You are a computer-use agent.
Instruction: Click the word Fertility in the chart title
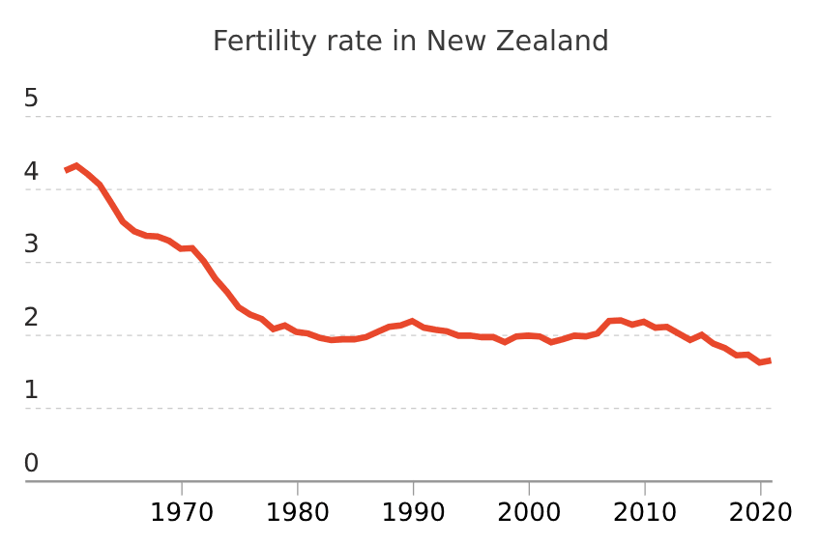[254, 42]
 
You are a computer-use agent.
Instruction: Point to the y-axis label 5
[32, 98]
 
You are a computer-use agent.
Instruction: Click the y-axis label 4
[32, 171]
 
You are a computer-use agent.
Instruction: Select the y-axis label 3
[32, 243]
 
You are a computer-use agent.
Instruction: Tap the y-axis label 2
[32, 317]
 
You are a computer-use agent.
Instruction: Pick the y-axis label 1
[32, 390]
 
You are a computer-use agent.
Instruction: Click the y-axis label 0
[32, 463]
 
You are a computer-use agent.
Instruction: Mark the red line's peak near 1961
[77, 165]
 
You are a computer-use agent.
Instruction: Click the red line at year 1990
[413, 321]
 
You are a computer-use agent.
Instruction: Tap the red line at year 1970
[182, 248]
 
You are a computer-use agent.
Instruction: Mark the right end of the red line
[770, 360]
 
